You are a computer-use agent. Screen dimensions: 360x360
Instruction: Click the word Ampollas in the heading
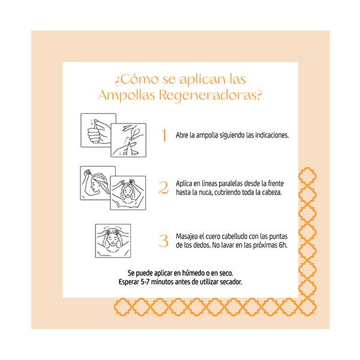click(127, 95)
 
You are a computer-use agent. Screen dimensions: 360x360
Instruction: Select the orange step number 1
click(164, 135)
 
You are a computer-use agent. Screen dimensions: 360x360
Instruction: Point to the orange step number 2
click(163, 188)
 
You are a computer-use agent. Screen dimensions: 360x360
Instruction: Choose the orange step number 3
click(163, 241)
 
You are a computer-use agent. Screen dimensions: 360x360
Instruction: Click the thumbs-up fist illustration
click(98, 130)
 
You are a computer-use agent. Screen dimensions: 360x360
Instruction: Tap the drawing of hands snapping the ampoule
click(128, 140)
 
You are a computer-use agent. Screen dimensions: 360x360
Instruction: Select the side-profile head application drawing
click(98, 183)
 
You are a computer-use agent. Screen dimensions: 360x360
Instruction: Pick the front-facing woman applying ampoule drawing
click(128, 193)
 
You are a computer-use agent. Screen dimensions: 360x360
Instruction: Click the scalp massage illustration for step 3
click(113, 241)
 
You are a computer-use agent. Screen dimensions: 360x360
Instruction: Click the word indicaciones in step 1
click(272, 135)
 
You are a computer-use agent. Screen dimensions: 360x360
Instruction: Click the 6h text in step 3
click(283, 245)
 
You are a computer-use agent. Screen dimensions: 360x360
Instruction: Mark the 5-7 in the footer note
click(145, 282)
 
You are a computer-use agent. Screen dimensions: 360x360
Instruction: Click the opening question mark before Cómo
click(118, 81)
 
